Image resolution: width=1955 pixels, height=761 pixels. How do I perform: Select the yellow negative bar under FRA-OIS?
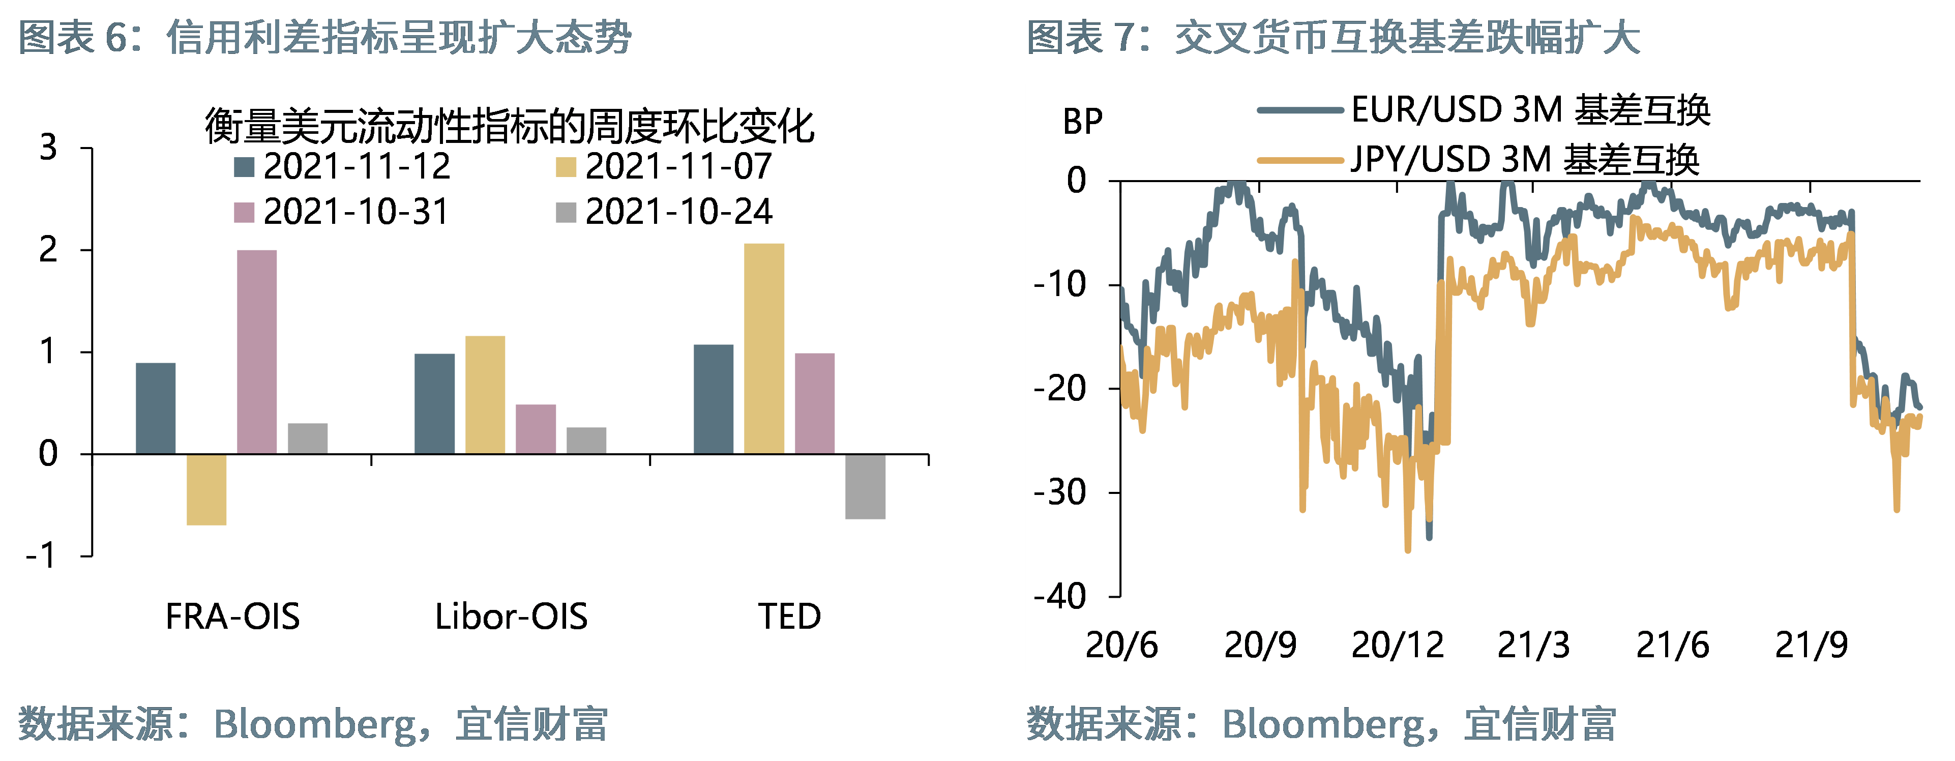(206, 489)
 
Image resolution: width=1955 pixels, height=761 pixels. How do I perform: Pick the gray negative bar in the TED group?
(865, 486)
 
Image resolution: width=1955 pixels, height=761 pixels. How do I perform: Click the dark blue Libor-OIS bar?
(434, 403)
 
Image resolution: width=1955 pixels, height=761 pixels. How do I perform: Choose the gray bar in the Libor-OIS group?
(586, 441)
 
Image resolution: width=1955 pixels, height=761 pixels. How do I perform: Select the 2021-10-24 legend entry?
(665, 212)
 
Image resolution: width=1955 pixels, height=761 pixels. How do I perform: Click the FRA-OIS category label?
(232, 616)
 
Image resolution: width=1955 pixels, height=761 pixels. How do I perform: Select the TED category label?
(789, 616)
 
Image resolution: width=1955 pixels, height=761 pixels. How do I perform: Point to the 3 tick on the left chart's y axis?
(48, 147)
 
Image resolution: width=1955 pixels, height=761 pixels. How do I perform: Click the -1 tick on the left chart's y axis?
(41, 556)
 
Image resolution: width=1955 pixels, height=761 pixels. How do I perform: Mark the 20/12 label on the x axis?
(1397, 646)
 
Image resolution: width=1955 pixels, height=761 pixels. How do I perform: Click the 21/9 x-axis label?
(1811, 646)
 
